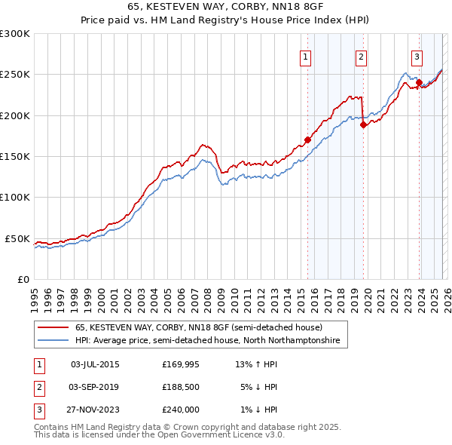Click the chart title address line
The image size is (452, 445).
226,8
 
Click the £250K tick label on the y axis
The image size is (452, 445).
14,75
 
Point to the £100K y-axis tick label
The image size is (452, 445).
14,197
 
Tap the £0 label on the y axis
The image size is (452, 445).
23,279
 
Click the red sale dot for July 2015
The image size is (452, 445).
307,140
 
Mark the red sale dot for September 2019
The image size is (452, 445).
363,125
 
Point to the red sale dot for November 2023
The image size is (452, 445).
420,83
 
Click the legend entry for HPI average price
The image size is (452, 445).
207,341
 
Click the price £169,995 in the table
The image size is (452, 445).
182,364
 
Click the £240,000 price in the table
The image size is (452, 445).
182,410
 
